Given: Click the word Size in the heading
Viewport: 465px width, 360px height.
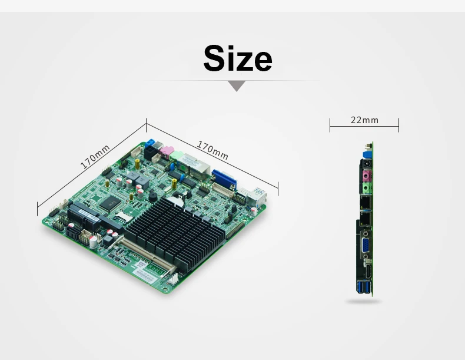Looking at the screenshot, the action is coord(238,58).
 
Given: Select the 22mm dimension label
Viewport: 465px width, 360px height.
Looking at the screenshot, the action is coord(364,120).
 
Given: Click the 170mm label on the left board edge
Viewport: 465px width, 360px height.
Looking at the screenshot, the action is coord(95,157).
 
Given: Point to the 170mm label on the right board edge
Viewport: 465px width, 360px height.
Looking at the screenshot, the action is coord(212,150).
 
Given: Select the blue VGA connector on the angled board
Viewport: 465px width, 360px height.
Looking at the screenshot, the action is coord(224,179).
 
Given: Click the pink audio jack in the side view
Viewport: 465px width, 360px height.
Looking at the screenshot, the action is coord(367,176).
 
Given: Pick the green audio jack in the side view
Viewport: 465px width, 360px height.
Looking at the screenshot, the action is coord(367,188).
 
